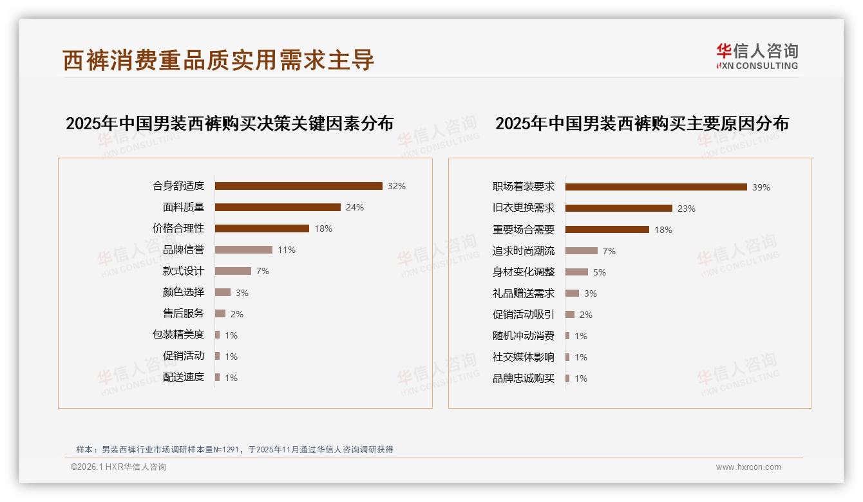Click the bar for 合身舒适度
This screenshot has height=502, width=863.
click(x=298, y=186)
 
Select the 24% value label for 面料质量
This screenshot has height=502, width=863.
click(x=355, y=207)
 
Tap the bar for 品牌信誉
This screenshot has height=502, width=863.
click(x=243, y=250)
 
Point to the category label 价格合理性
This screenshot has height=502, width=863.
click(x=178, y=228)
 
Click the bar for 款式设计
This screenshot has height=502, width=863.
click(x=232, y=271)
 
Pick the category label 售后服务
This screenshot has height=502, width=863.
click(x=184, y=313)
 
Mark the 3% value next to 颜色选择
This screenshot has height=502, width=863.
click(x=242, y=293)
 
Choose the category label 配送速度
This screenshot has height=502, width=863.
click(x=184, y=377)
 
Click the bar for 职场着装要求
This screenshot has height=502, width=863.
click(x=656, y=187)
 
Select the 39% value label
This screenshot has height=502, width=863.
click(x=761, y=187)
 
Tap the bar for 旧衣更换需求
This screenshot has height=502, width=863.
click(x=618, y=209)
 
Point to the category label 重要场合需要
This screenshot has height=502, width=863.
click(x=524, y=230)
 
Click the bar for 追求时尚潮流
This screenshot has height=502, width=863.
click(x=581, y=251)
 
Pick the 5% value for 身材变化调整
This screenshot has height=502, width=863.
click(x=600, y=272)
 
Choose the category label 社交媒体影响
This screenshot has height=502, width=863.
click(x=524, y=357)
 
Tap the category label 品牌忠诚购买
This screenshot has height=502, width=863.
click(x=524, y=378)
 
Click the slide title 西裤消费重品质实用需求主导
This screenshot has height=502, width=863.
click(x=218, y=60)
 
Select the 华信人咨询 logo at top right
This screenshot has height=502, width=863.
click(x=757, y=56)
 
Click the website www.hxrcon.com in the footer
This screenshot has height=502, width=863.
click(x=748, y=467)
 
